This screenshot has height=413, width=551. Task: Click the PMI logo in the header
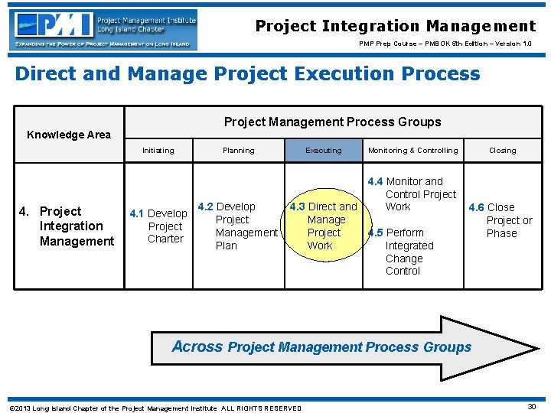pyautogui.click(x=103, y=30)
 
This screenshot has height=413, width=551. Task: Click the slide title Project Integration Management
pyautogui.click(x=396, y=26)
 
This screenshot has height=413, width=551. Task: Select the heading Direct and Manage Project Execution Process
pyautogui.click(x=247, y=74)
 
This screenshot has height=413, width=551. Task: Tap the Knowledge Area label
pyautogui.click(x=69, y=135)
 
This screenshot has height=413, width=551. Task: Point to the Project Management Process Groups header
pyautogui.click(x=332, y=122)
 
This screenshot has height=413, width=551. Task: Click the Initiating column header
pyautogui.click(x=158, y=151)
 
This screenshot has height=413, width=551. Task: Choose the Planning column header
pyautogui.click(x=238, y=151)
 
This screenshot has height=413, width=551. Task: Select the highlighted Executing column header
pyautogui.click(x=324, y=151)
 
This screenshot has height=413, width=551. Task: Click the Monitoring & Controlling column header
pyautogui.click(x=412, y=151)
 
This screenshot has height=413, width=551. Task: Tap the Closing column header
pyautogui.click(x=502, y=151)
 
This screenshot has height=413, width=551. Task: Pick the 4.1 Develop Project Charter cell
pyautogui.click(x=159, y=226)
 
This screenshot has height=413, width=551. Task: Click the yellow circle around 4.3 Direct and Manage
pyautogui.click(x=322, y=226)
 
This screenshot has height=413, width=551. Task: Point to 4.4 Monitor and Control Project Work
pyautogui.click(x=412, y=194)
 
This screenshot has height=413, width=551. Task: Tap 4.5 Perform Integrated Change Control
pyautogui.click(x=406, y=252)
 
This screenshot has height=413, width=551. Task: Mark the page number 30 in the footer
pyautogui.click(x=531, y=407)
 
